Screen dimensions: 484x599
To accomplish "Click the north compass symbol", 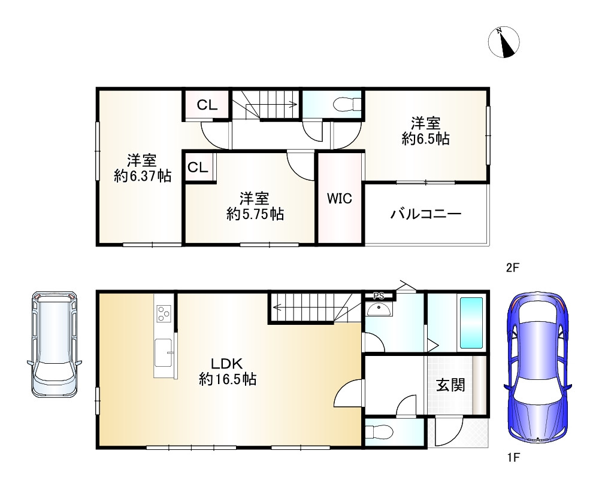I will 504,42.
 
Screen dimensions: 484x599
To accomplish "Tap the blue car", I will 537,368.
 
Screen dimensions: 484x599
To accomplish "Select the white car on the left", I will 55,343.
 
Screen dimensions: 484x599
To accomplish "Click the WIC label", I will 339,199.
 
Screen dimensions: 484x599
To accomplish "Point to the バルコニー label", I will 426,214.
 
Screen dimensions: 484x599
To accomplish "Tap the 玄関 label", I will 450,385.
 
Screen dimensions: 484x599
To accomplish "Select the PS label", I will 378,296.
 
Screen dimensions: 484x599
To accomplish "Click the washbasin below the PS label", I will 379,309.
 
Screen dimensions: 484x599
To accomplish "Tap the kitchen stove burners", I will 164,312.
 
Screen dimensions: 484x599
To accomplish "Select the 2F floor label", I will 512,269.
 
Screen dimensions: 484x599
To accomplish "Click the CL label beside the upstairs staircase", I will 207,106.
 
